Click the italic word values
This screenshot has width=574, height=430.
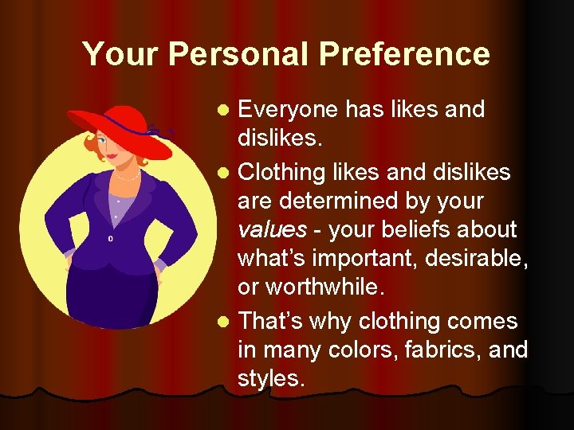click(x=272, y=229)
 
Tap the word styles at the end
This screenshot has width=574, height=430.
click(x=271, y=379)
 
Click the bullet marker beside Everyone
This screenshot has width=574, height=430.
click(x=225, y=109)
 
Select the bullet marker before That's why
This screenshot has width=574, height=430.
click(x=225, y=321)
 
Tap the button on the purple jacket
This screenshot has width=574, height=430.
click(x=110, y=237)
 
